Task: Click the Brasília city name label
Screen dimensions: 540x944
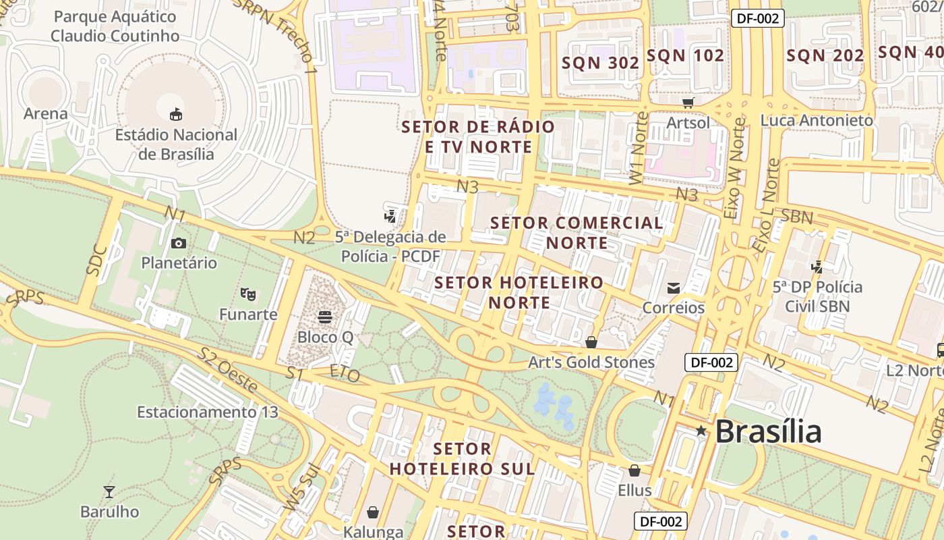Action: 768,431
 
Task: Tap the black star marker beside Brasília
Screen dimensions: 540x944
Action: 701,431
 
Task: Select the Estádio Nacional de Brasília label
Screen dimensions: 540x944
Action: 176,144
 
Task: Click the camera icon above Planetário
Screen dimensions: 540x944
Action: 178,244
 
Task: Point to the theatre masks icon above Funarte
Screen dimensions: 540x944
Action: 248,294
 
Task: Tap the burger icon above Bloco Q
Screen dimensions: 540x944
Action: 325,317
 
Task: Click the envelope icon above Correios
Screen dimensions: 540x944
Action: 673,288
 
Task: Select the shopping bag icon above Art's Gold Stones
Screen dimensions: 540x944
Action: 591,343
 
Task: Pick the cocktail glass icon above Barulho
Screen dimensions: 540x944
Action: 109,491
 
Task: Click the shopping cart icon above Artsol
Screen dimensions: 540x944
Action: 688,103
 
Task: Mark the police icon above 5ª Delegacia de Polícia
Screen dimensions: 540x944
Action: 390,217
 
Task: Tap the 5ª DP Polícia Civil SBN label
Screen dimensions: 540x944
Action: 817,296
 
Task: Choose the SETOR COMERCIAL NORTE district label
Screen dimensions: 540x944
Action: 577,232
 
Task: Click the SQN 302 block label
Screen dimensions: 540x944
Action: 601,63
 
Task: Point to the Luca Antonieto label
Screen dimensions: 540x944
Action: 817,120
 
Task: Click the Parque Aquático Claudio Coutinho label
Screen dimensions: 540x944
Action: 115,26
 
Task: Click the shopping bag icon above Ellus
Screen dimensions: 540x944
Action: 635,470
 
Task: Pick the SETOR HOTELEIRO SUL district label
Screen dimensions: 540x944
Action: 462,458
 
